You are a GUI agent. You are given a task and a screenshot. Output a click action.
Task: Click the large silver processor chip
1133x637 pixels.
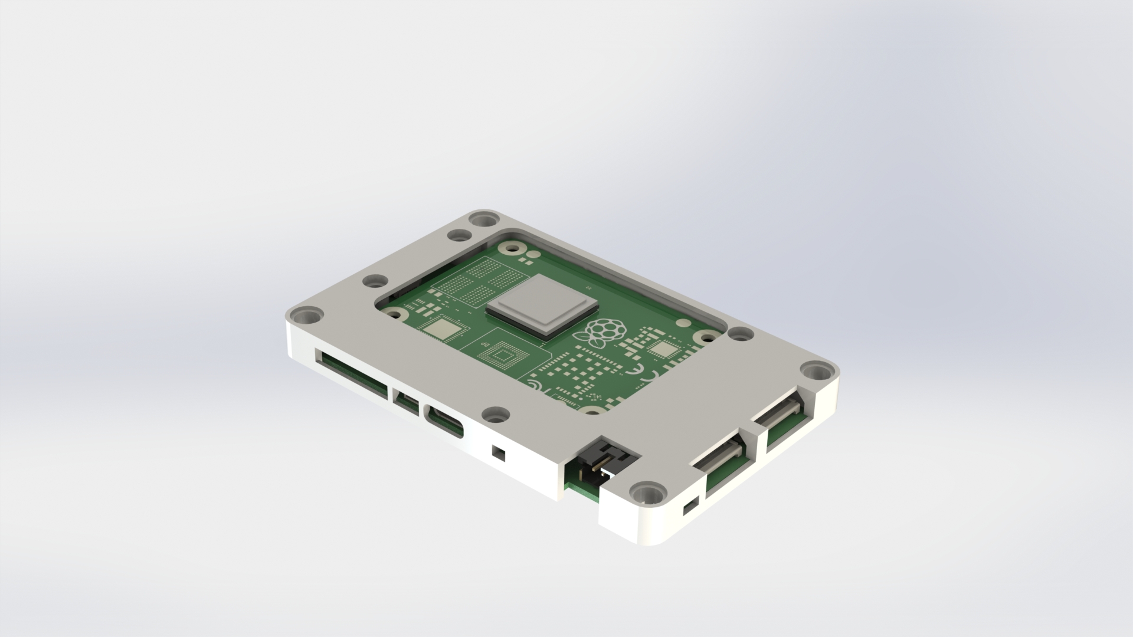click(542, 307)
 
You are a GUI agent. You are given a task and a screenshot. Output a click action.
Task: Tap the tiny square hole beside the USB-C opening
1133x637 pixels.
click(499, 453)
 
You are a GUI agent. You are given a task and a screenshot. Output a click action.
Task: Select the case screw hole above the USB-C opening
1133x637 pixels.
click(495, 415)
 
